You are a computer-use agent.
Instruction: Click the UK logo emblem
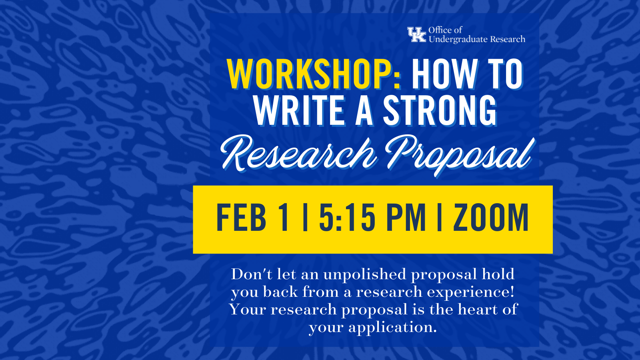(416, 34)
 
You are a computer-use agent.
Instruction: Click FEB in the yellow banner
(242, 218)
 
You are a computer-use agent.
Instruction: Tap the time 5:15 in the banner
(347, 218)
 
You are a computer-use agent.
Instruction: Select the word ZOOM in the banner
(491, 218)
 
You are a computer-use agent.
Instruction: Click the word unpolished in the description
(364, 274)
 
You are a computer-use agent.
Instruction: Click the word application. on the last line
(392, 328)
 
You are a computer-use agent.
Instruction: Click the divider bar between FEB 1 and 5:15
(305, 218)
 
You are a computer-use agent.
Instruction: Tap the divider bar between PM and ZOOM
(440, 218)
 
